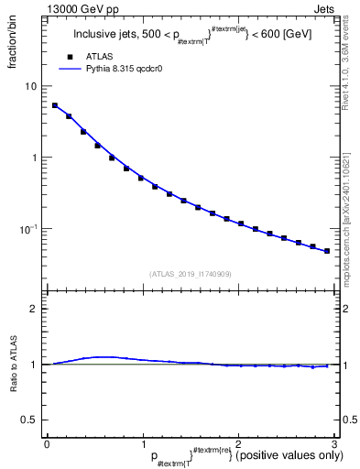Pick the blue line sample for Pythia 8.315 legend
pos(70,69)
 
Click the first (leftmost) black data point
pos(55,105)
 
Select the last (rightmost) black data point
pos(327,250)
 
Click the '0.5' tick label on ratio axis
pos(30,420)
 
